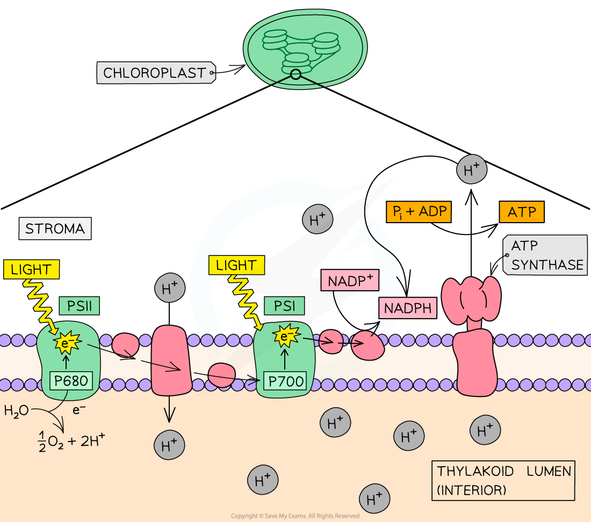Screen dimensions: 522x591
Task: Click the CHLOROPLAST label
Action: [x=155, y=73]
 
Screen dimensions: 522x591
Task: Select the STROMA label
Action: [x=55, y=229]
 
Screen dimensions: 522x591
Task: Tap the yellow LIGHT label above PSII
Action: [x=31, y=270]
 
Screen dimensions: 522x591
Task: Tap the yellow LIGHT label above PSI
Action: [x=236, y=265]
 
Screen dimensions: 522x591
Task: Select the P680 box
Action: [x=70, y=381]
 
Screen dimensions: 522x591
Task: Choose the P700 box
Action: [x=285, y=382]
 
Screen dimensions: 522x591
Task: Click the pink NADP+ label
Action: [x=350, y=281]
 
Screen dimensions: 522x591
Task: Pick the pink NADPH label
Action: [x=408, y=308]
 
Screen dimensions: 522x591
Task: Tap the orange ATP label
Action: [x=522, y=212]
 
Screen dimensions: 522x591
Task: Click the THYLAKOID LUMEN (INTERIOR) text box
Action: [x=503, y=480]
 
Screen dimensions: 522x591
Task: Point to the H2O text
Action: [x=17, y=411]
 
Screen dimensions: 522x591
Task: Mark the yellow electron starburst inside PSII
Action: [x=66, y=341]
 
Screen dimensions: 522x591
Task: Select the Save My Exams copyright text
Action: [x=295, y=516]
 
